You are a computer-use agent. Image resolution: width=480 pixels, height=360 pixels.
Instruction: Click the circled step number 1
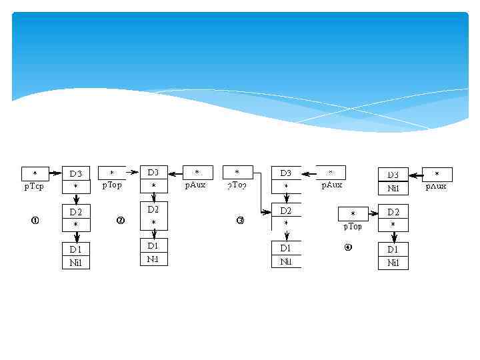point(35,220)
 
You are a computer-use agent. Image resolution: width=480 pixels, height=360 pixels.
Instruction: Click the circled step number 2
point(121,221)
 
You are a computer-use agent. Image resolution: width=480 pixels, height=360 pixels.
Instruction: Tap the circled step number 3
point(241,221)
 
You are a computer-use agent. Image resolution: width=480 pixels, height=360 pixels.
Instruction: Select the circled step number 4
point(347,247)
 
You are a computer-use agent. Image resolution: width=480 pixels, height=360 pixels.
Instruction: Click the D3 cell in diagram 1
point(76,174)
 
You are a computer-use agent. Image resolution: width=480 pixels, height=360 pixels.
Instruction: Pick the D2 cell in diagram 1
point(76,212)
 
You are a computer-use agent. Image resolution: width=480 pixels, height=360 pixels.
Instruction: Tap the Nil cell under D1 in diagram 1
point(76,263)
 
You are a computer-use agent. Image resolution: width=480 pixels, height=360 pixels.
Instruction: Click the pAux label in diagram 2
point(195,185)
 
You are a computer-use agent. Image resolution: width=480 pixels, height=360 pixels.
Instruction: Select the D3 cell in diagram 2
point(153,173)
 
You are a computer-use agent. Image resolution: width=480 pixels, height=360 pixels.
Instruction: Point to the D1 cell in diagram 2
point(153,245)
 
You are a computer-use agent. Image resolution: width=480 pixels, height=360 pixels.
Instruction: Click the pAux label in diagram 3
point(331,185)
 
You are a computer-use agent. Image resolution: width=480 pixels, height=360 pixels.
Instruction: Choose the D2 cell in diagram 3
point(286,211)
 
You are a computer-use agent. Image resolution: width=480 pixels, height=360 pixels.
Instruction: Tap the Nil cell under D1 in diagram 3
point(286,262)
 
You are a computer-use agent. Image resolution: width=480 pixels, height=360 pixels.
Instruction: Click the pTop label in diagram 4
point(353,227)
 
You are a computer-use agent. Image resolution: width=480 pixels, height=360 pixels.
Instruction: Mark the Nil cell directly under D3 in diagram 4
point(393,189)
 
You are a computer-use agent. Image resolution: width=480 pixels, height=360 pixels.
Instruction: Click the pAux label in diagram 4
point(437,186)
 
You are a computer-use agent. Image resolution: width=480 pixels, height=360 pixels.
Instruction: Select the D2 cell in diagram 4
point(393,212)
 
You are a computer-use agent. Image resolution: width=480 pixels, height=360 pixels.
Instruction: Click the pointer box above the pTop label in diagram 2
point(112,173)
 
